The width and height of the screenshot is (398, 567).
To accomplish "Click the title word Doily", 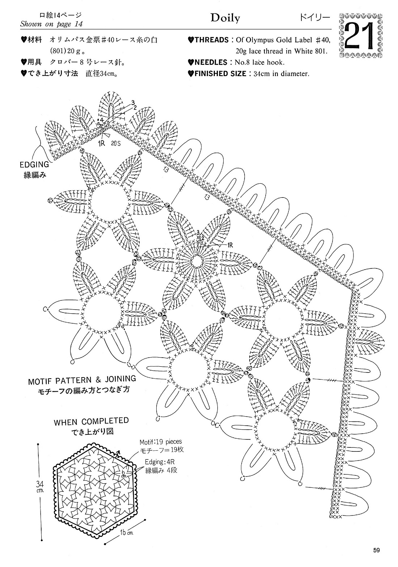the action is tap(225, 18).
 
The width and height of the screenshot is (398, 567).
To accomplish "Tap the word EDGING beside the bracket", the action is tap(34, 165).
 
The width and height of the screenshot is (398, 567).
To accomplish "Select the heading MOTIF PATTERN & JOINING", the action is tap(82, 380).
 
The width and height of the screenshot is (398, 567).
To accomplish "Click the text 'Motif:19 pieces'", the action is tap(161, 442).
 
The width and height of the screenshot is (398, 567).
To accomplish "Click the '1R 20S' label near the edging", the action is tap(109, 143).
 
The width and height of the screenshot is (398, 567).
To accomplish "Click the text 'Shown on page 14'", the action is tap(51, 24).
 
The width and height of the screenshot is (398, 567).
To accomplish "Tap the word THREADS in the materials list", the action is tap(211, 40).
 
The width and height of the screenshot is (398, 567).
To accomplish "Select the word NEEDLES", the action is tap(211, 62).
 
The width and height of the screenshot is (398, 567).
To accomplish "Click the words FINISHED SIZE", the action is tap(220, 74).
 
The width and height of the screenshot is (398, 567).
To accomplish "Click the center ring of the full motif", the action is tap(197, 260).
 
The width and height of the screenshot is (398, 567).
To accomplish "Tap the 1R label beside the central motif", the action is tap(230, 245).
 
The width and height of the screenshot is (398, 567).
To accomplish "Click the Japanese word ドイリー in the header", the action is tap(315, 18).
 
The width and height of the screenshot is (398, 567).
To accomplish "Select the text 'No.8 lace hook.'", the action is tap(259, 62).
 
